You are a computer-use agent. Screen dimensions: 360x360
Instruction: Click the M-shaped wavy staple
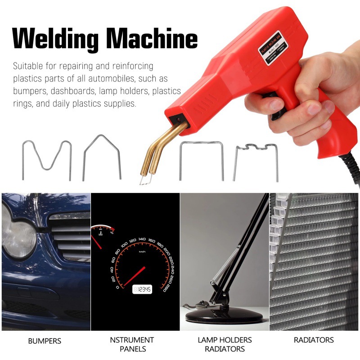click(x=47, y=158)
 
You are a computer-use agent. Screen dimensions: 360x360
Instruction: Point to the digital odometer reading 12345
click(x=142, y=289)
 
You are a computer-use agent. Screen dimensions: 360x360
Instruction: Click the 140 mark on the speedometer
click(x=142, y=239)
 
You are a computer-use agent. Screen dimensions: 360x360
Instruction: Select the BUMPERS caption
click(x=45, y=341)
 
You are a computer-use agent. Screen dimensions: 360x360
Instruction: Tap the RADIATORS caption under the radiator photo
click(x=314, y=340)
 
